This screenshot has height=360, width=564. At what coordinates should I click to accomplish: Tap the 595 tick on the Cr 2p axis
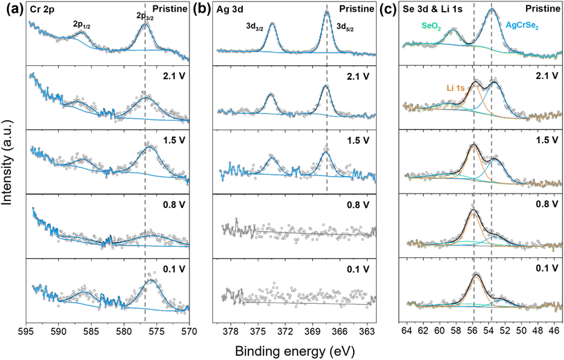click(26, 331)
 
